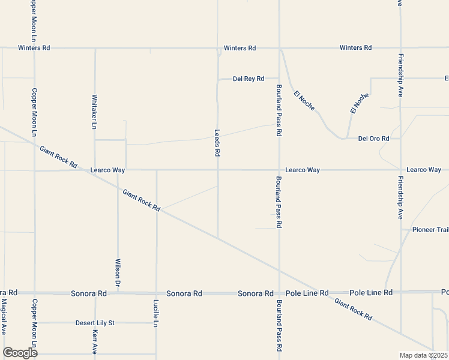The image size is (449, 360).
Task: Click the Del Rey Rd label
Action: pyautogui.click(x=249, y=79)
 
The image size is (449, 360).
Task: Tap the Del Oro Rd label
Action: pyautogui.click(x=373, y=139)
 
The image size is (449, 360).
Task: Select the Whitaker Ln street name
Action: pyautogui.click(x=94, y=112)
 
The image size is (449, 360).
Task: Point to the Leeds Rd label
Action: pyautogui.click(x=217, y=143)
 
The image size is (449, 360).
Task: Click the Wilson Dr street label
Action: pyautogui.click(x=118, y=271)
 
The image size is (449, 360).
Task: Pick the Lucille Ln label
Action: pyautogui.click(x=156, y=313)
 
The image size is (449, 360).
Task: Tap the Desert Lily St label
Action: pyautogui.click(x=95, y=323)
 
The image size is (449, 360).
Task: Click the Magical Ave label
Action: pyautogui.click(x=4, y=316)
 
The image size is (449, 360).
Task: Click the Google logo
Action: pyautogui.click(x=20, y=352)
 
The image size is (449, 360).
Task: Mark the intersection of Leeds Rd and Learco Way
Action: pyautogui.click(x=217, y=170)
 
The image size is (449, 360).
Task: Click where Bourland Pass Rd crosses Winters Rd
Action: pyautogui.click(x=279, y=48)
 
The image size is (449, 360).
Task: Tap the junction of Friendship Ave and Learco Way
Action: pyautogui.click(x=400, y=170)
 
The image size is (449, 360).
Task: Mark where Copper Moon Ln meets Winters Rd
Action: pyautogui.click(x=34, y=48)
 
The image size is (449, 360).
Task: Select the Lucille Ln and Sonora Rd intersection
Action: pyautogui.click(x=156, y=293)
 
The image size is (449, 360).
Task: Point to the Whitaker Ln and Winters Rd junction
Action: pyautogui.click(x=94, y=48)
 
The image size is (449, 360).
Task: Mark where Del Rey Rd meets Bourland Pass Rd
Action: pyautogui.click(x=279, y=79)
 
